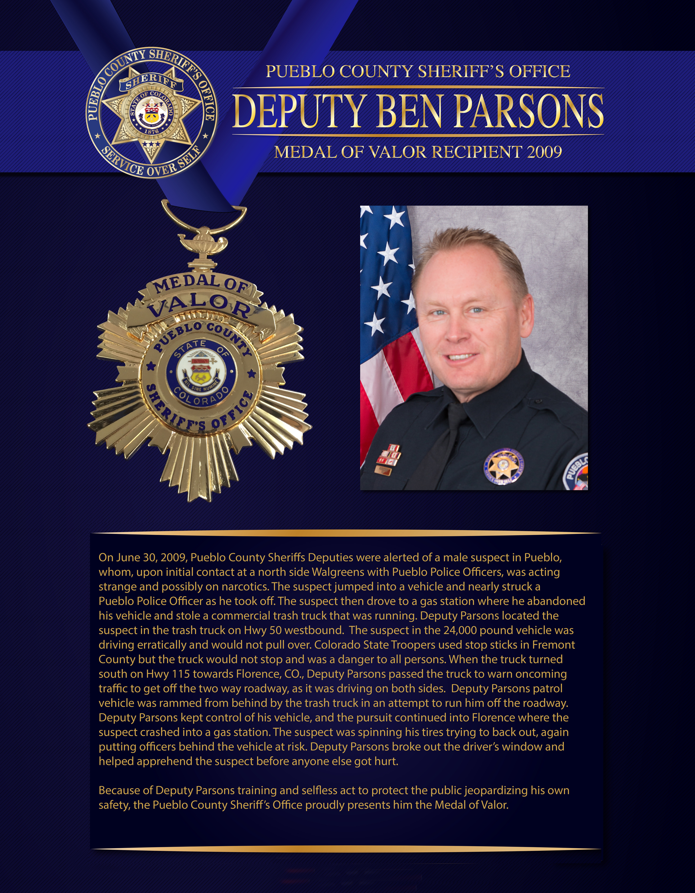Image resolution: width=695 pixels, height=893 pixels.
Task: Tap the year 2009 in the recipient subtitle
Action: click(544, 152)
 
